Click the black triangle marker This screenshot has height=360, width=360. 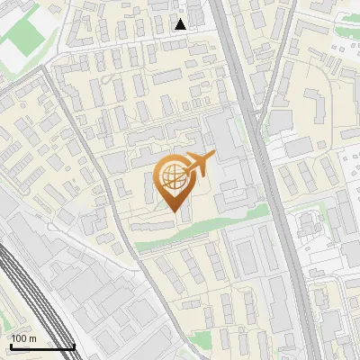click(x=181, y=24)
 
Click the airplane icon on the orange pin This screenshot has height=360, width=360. click(x=197, y=164)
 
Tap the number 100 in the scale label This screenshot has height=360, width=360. click(x=19, y=338)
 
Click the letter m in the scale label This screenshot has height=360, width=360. click(x=32, y=338)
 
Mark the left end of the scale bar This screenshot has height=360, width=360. click(x=10, y=347)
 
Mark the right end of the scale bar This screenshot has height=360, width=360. click(x=75, y=347)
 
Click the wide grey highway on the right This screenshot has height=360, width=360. click(x=270, y=180)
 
